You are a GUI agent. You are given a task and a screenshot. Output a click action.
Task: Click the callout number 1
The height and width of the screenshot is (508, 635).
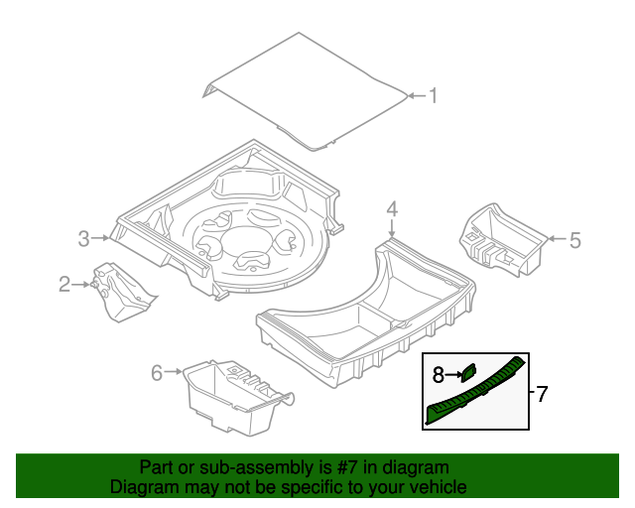pyautogui.click(x=433, y=96)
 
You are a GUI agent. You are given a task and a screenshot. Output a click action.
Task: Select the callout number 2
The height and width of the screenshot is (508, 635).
pyautogui.click(x=64, y=286)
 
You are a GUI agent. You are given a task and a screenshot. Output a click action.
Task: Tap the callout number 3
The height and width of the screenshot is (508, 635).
pyautogui.click(x=84, y=238)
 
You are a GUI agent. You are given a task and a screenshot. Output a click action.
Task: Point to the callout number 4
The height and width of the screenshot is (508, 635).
pyautogui.click(x=392, y=208)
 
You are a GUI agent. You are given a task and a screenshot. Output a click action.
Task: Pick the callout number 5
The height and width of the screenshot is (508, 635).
pyautogui.click(x=575, y=238)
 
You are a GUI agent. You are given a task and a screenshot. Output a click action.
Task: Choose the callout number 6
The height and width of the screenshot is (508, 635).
pyautogui.click(x=156, y=373)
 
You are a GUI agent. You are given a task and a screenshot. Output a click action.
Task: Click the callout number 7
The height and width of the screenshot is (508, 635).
pyautogui.click(x=541, y=394)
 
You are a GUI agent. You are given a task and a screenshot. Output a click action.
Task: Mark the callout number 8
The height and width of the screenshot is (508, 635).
pyautogui.click(x=438, y=375)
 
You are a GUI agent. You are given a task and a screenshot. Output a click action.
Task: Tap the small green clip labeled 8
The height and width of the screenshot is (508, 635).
pyautogui.click(x=466, y=373)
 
